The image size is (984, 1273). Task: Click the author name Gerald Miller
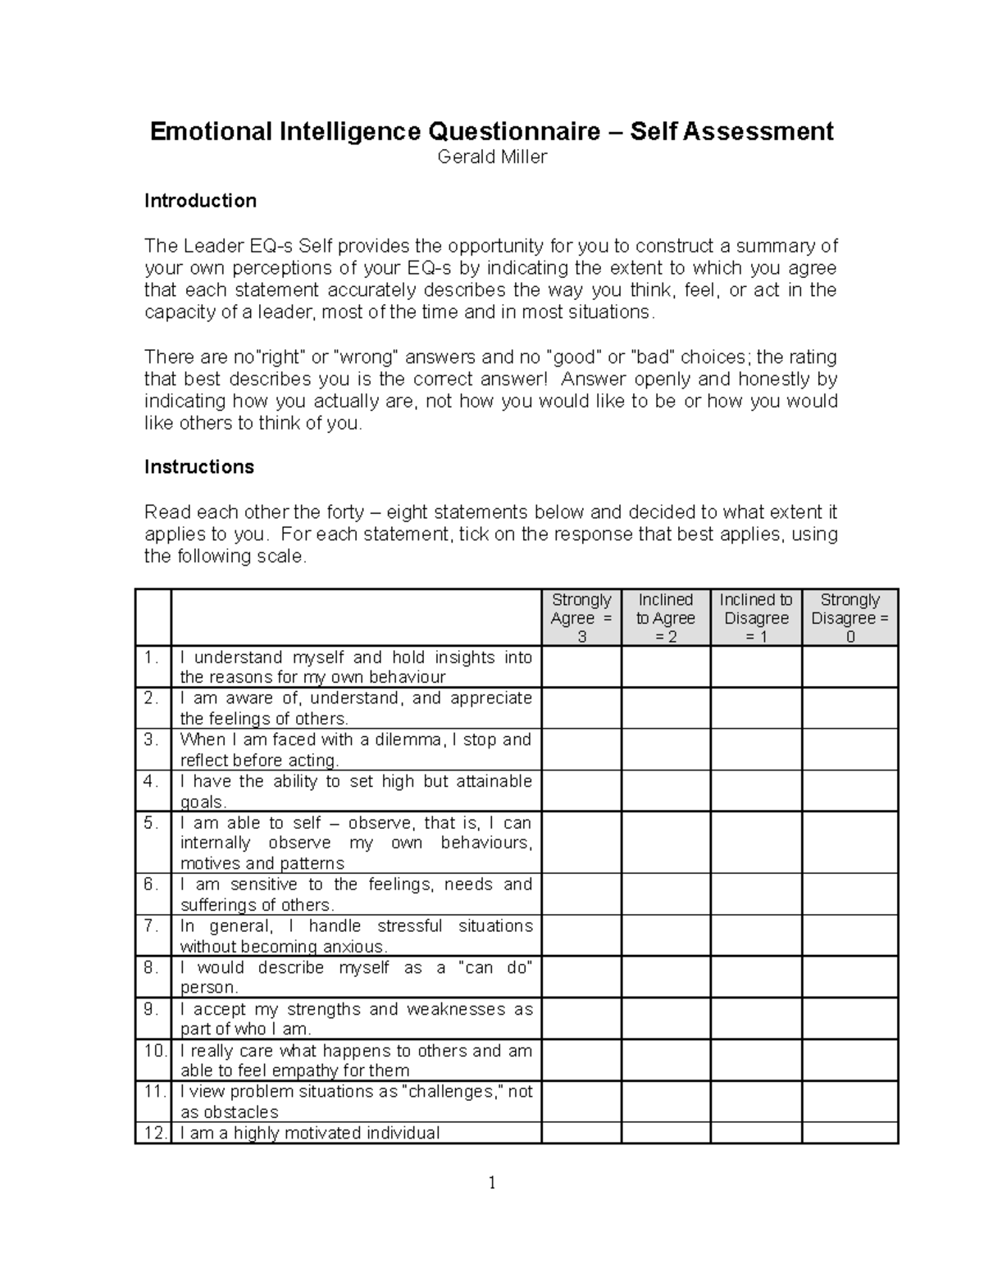click(x=491, y=157)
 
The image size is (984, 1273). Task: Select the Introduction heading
click(x=200, y=201)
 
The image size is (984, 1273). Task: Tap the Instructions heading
click(x=199, y=467)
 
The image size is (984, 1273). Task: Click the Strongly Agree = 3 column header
click(x=581, y=618)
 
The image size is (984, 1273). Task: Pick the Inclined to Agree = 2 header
click(x=666, y=618)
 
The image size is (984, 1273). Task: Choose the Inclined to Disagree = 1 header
click(x=756, y=618)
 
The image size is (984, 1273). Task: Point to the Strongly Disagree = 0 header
click(x=850, y=618)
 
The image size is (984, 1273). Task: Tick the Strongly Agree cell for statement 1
click(x=581, y=667)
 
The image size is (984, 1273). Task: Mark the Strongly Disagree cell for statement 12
click(x=850, y=1133)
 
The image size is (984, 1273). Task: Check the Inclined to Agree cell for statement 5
click(x=666, y=843)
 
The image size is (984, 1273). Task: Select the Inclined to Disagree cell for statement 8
click(x=756, y=977)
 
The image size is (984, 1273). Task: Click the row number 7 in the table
click(x=151, y=926)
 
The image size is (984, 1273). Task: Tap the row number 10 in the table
click(x=153, y=1051)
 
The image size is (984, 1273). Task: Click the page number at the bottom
click(x=492, y=1183)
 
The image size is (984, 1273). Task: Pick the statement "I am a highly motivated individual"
click(x=310, y=1133)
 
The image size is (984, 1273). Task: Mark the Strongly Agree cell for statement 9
click(x=581, y=1019)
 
